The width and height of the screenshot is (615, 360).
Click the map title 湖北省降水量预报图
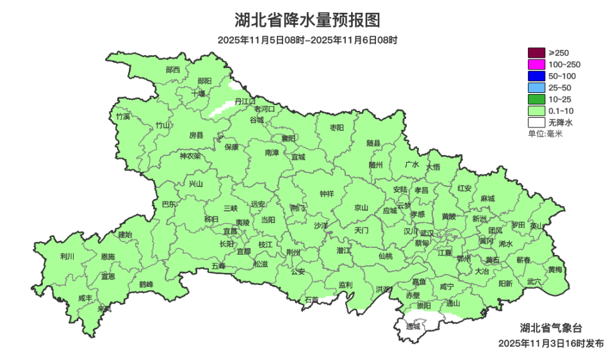(307, 20)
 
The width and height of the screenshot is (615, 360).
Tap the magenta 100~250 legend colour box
(537, 64)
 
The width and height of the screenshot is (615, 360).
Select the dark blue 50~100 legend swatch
(537, 76)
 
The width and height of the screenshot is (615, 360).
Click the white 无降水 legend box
(537, 122)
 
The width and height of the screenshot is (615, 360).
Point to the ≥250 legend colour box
(537, 53)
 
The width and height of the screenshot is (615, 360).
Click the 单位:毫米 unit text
(545, 133)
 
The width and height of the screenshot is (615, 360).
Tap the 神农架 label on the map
(190, 156)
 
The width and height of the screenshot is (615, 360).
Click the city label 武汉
(427, 233)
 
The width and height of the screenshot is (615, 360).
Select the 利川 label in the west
(67, 256)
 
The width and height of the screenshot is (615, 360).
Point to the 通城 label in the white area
(413, 326)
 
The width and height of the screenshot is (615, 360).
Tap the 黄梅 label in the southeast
(555, 269)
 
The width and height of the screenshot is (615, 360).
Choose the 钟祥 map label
(327, 194)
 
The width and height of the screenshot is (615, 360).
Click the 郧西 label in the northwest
(173, 69)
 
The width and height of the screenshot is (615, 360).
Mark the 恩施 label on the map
(108, 256)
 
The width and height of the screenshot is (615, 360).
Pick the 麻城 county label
(488, 199)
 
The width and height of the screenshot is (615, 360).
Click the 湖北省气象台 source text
(550, 328)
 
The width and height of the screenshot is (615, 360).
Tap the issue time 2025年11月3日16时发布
(550, 343)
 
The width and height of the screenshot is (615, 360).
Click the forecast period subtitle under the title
(307, 40)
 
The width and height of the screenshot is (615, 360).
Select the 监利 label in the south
(345, 284)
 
